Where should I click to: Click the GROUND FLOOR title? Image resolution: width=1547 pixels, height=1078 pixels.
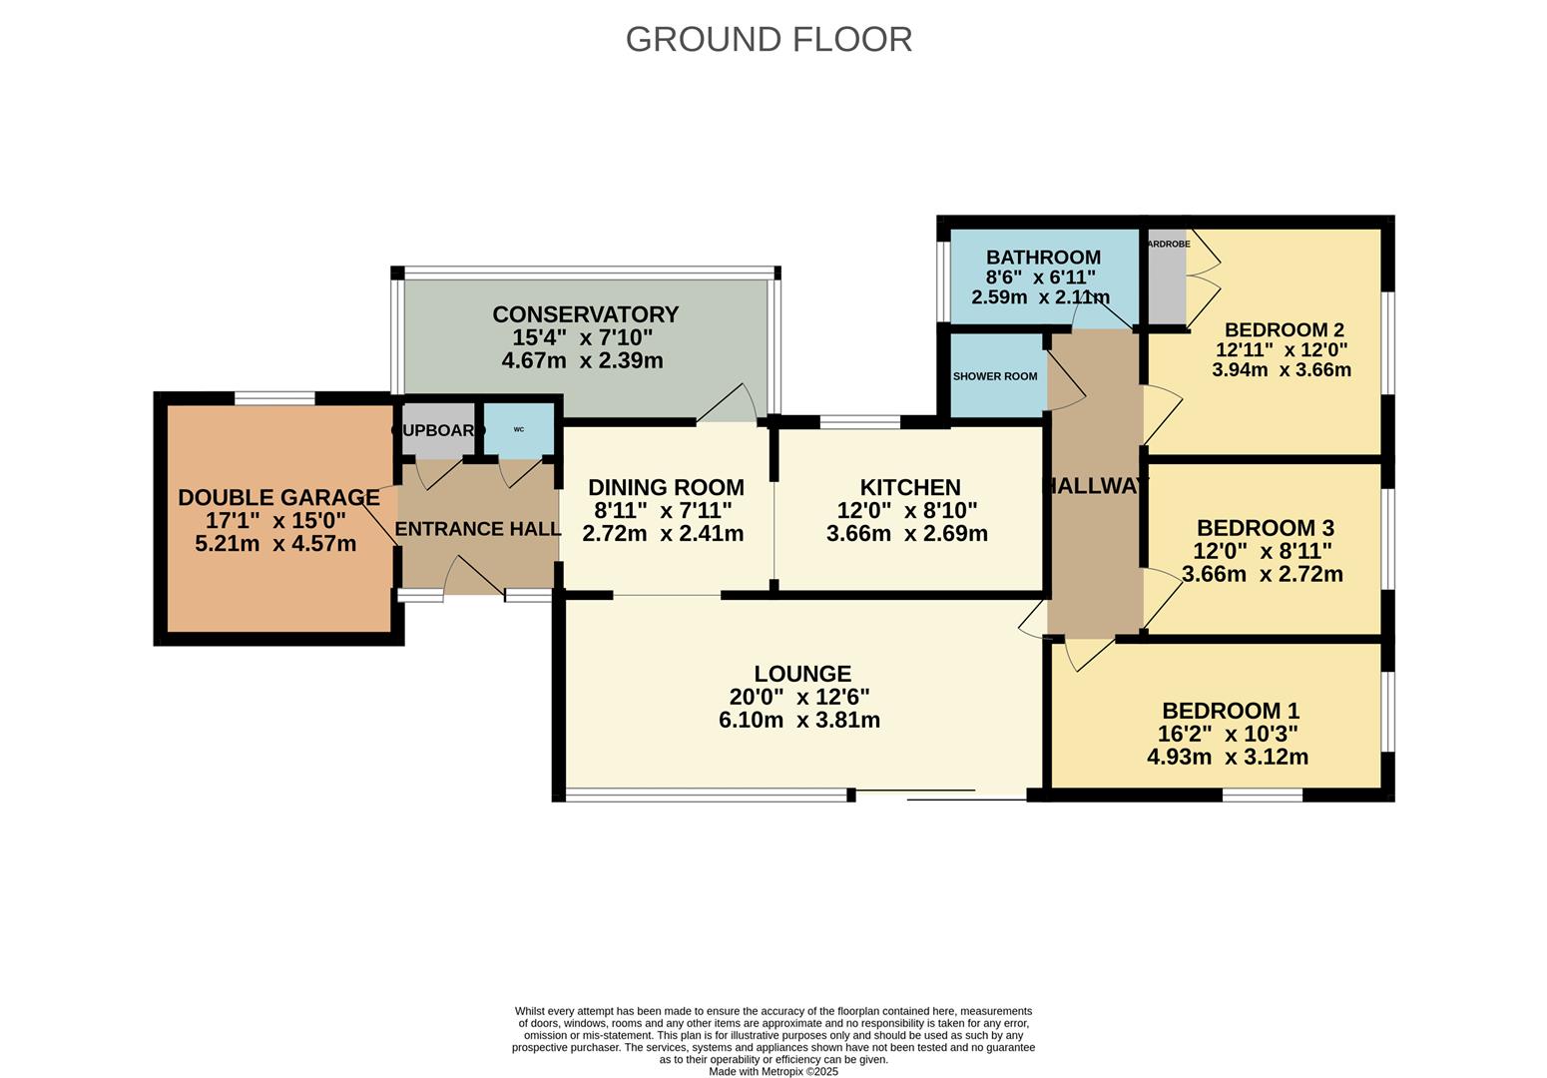tap(769, 39)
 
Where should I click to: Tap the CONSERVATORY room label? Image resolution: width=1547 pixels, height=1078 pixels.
tap(585, 314)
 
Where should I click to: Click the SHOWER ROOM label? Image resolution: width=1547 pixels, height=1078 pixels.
tap(994, 376)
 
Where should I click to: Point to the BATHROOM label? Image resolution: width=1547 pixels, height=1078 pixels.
tap(1043, 258)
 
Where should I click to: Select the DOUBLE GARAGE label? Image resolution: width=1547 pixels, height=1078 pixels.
tap(278, 497)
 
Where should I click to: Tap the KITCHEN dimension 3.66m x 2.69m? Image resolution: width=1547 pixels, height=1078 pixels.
tap(906, 533)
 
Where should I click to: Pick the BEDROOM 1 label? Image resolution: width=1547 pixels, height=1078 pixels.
tap(1230, 711)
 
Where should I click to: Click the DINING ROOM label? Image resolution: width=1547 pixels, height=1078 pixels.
tap(666, 487)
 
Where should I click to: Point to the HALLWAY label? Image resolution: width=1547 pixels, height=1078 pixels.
tap(1095, 486)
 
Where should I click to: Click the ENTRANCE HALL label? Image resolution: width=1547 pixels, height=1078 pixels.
tap(478, 529)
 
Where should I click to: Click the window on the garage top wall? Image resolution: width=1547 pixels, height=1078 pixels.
tap(274, 398)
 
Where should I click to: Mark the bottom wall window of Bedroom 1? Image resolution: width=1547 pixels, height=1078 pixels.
tap(1262, 796)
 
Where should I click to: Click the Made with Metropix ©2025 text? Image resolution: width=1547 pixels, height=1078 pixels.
tap(773, 1072)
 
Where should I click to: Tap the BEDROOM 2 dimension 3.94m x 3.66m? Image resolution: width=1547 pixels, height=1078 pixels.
tap(1281, 370)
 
